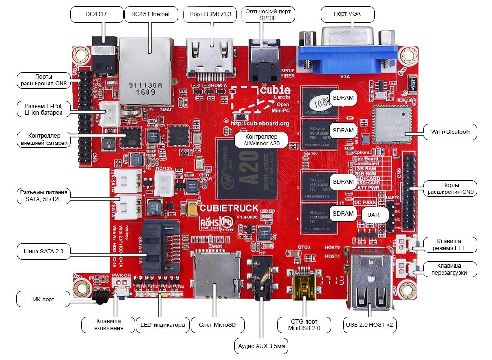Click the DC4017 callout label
[x=96, y=14]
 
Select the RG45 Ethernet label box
[x=147, y=14]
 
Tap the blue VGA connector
[x=347, y=50]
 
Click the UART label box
[x=375, y=215]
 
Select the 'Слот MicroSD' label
[x=217, y=325]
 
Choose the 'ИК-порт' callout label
[x=42, y=300]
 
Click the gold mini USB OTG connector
[x=304, y=286]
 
